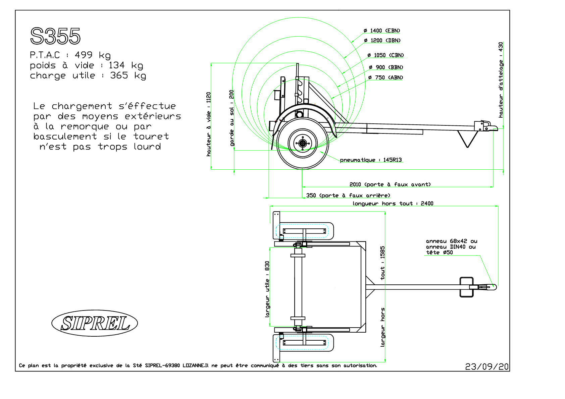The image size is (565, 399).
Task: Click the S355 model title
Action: [55, 36]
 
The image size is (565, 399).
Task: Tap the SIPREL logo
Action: [95, 323]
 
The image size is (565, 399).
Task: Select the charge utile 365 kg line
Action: [88, 76]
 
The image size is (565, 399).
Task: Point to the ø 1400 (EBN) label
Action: [382, 31]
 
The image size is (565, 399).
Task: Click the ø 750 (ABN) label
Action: [386, 77]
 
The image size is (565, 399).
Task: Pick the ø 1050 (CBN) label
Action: [386, 55]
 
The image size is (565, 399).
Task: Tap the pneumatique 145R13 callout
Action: [371, 160]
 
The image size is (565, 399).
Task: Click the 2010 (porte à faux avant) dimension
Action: [390, 184]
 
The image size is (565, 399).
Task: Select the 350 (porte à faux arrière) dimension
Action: [348, 195]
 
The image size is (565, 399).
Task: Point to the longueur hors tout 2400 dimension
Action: [393, 204]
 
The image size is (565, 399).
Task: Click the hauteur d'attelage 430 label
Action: [501, 80]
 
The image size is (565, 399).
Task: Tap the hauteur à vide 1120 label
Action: [209, 124]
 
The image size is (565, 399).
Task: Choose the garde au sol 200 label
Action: [232, 118]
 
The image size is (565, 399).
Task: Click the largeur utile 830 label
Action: [267, 289]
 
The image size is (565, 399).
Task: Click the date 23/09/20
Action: [487, 366]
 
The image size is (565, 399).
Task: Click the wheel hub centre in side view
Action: [303, 144]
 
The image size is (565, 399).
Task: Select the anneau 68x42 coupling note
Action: [451, 247]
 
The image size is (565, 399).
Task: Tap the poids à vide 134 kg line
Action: [87, 65]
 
